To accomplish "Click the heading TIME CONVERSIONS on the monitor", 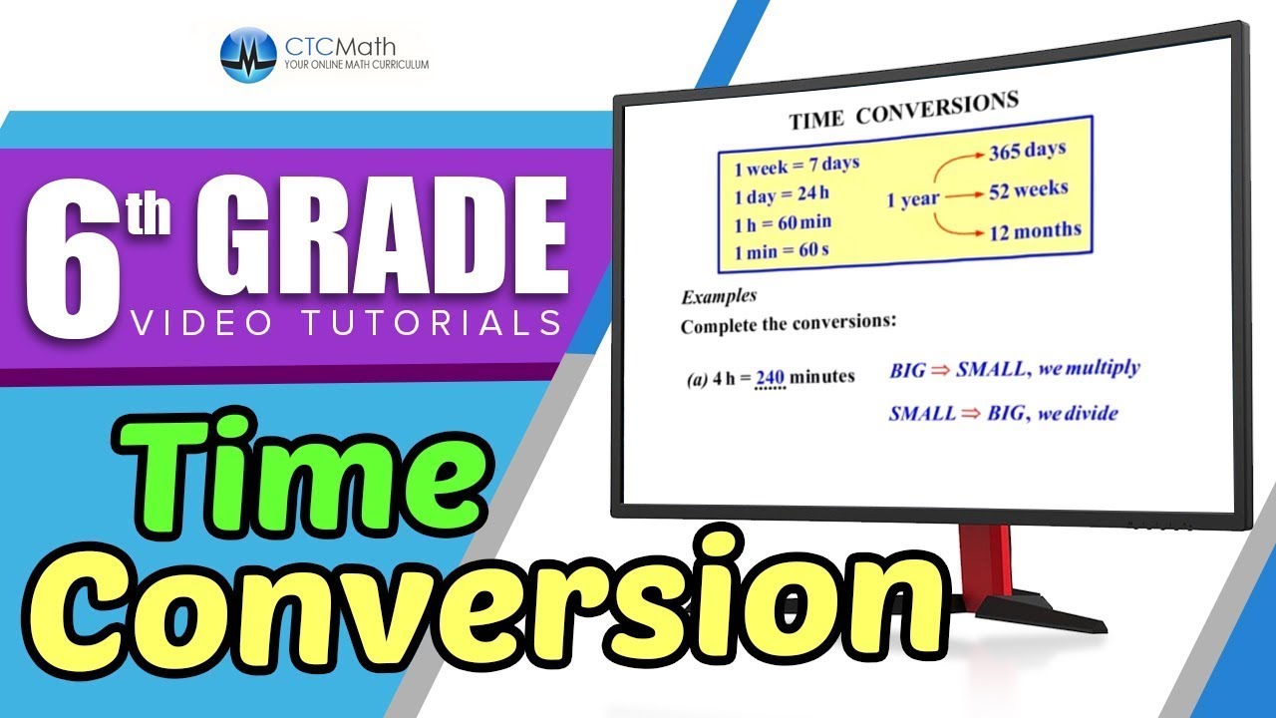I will pyautogui.click(x=903, y=111).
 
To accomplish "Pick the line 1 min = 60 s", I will pyautogui.click(x=782, y=252).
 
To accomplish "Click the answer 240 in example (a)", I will pyautogui.click(x=771, y=378).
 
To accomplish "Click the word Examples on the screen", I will pyautogui.click(x=718, y=296).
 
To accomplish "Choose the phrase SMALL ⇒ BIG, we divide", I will pyautogui.click(x=1003, y=413).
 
